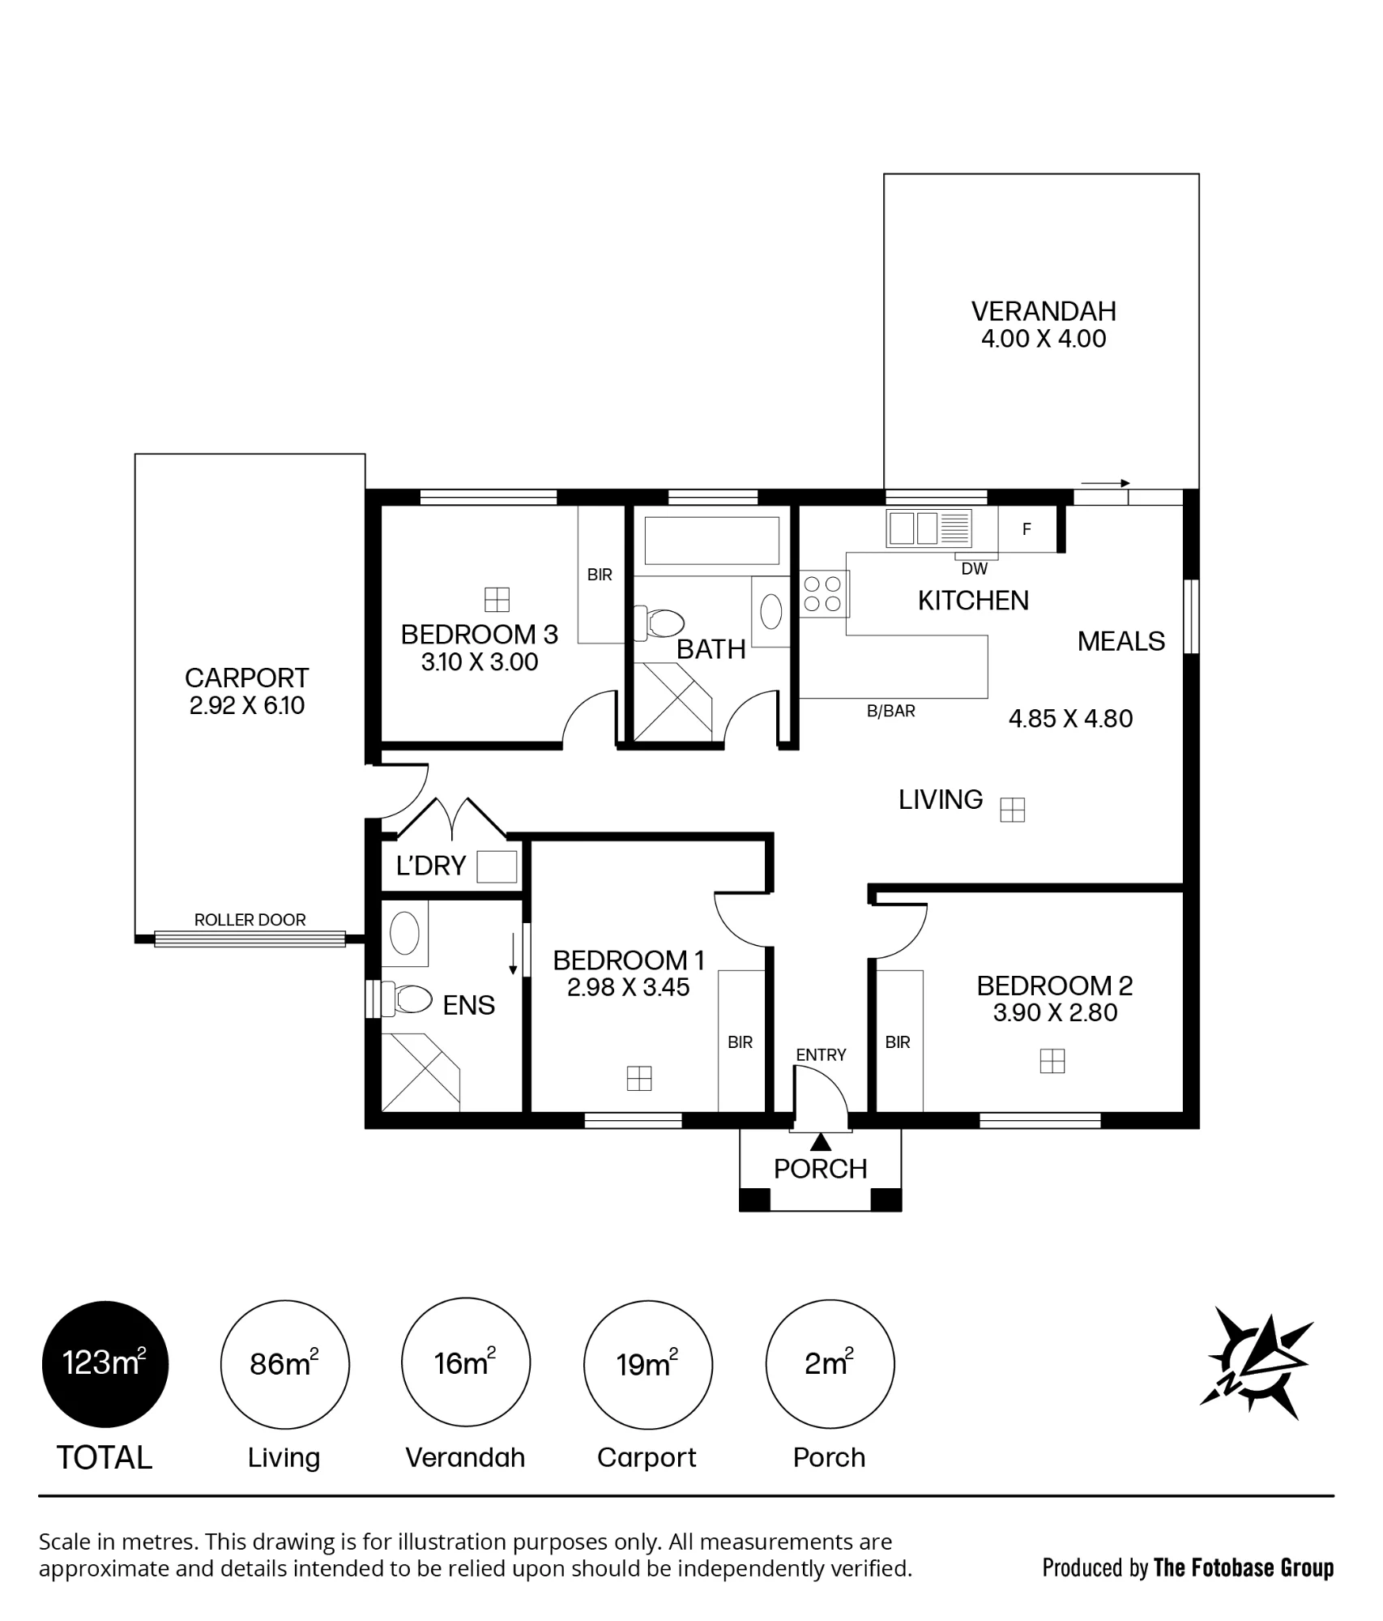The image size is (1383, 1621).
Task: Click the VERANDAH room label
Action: [1044, 311]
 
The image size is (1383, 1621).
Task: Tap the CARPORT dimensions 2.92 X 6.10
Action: [247, 705]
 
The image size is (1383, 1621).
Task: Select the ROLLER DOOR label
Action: [250, 920]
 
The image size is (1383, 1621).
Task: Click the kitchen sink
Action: [928, 528]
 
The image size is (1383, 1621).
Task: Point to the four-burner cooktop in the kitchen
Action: [822, 593]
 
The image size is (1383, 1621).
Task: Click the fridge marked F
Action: [1027, 529]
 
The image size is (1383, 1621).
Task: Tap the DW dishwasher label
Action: [975, 569]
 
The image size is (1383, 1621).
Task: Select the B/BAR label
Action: [891, 711]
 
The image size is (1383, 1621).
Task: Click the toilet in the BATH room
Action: [659, 622]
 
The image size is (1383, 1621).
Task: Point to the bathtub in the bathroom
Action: [712, 541]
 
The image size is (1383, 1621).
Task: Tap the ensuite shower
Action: [420, 1071]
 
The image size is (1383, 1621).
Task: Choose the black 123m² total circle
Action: [105, 1364]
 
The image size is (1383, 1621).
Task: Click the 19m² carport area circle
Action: [648, 1364]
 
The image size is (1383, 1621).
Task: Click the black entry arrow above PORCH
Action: [822, 1143]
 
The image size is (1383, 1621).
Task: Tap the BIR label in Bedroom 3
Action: [600, 575]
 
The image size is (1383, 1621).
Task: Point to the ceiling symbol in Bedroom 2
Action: [1052, 1061]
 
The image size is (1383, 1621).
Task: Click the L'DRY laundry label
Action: [431, 866]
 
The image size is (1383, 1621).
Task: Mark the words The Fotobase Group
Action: [1244, 1568]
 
